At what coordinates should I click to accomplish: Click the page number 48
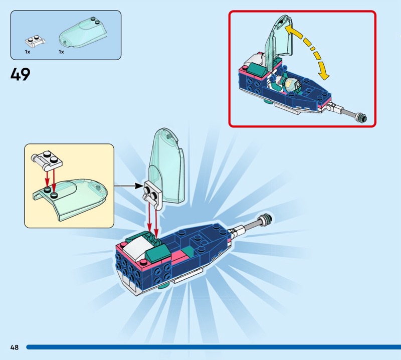coord(14,347)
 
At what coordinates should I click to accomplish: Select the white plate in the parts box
coord(34,40)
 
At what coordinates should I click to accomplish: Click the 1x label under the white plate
coord(28,52)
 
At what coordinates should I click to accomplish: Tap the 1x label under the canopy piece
coord(61,52)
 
